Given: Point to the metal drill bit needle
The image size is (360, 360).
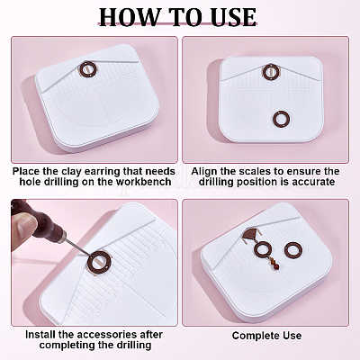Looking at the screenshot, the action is [76, 247].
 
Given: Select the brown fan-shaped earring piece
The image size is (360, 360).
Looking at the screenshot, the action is [251, 233].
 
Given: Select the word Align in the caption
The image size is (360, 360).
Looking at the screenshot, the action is [202, 171].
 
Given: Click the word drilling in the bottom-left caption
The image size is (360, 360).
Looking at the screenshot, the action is [131, 345].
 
